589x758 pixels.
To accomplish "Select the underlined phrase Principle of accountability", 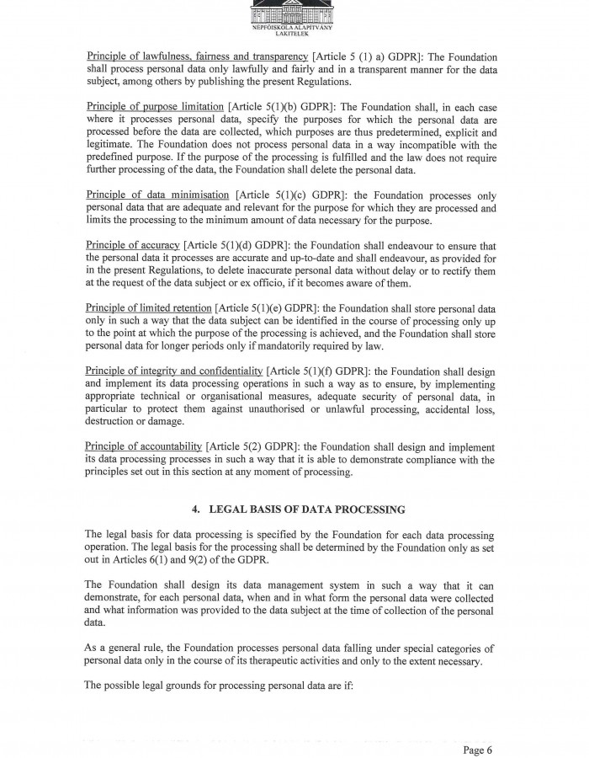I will tap(144, 446).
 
